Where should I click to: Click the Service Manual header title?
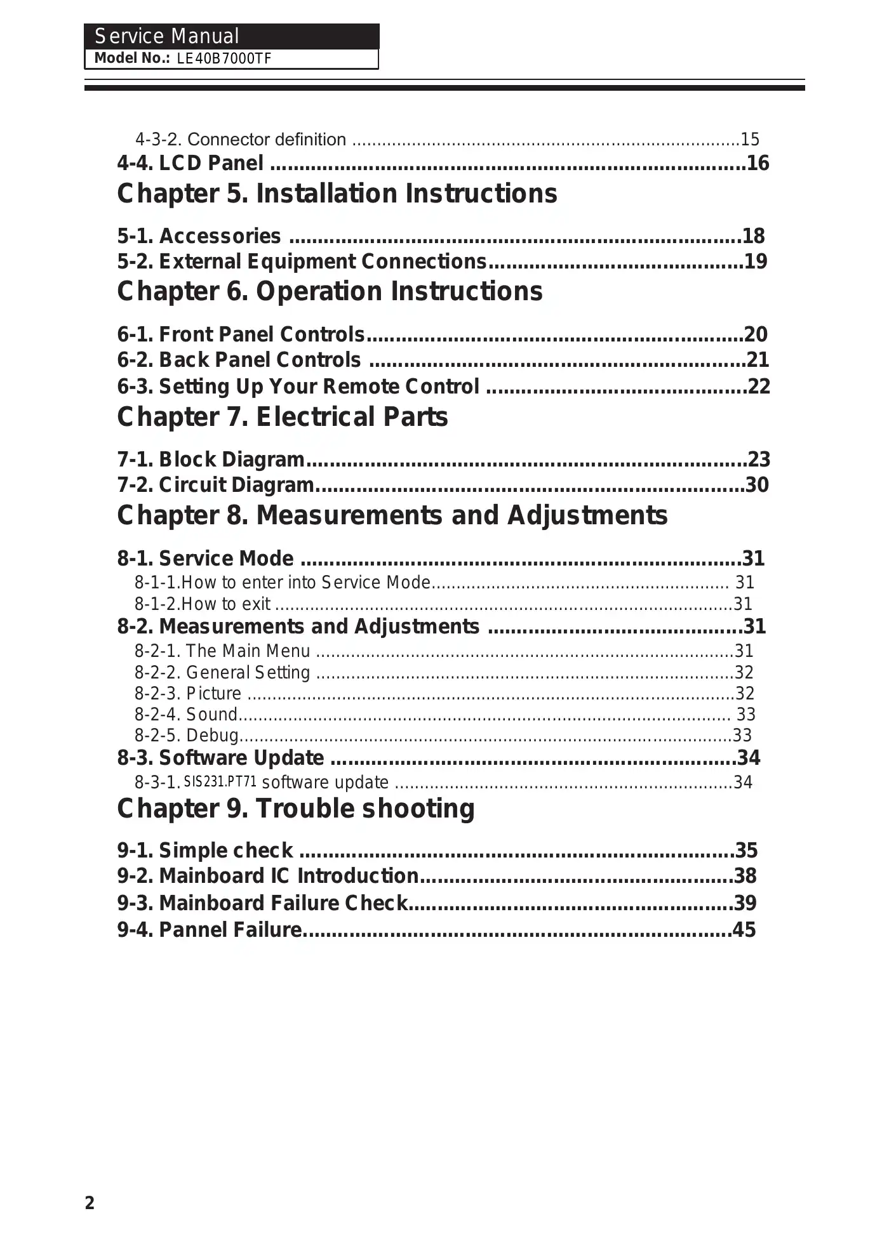(x=166, y=36)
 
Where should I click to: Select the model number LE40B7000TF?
(x=224, y=59)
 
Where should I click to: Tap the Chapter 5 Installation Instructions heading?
(x=337, y=194)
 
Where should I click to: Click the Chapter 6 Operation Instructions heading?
(x=330, y=291)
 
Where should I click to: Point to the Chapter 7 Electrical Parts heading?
(x=282, y=417)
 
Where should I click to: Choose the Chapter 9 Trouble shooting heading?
(x=295, y=809)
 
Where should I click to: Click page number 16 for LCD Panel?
(x=758, y=164)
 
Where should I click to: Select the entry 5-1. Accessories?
(x=199, y=236)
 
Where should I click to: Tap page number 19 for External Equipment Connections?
(x=756, y=262)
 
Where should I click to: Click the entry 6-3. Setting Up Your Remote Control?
(x=298, y=387)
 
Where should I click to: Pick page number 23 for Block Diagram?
(x=759, y=460)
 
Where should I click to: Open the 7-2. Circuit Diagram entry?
(x=215, y=485)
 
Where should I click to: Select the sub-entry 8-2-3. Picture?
(x=187, y=693)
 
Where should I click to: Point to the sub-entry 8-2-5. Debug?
(x=186, y=736)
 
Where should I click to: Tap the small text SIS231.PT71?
(x=220, y=781)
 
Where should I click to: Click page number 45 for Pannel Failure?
(x=744, y=930)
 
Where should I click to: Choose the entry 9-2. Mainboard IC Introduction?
(x=267, y=876)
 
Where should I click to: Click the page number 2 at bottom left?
(x=90, y=1203)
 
